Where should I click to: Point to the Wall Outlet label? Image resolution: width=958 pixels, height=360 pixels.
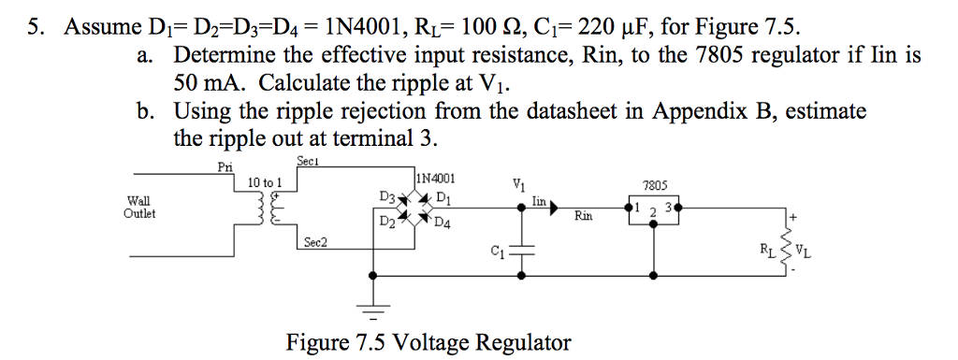click(139, 207)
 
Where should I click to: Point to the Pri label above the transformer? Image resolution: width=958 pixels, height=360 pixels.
click(225, 167)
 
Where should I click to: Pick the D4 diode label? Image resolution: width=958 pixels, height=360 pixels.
click(443, 223)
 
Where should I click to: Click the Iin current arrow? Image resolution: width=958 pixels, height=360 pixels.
click(551, 202)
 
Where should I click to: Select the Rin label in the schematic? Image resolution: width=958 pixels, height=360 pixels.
click(585, 217)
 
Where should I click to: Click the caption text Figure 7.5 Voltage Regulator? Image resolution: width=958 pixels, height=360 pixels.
click(428, 342)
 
